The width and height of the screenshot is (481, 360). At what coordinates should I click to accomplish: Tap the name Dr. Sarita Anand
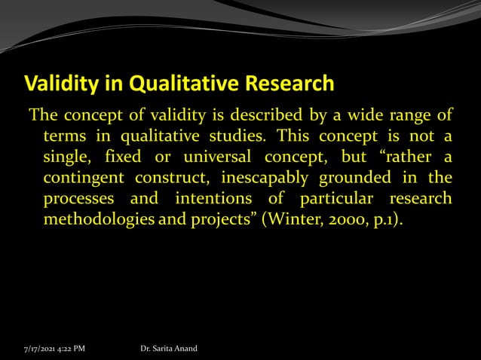[169, 349]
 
